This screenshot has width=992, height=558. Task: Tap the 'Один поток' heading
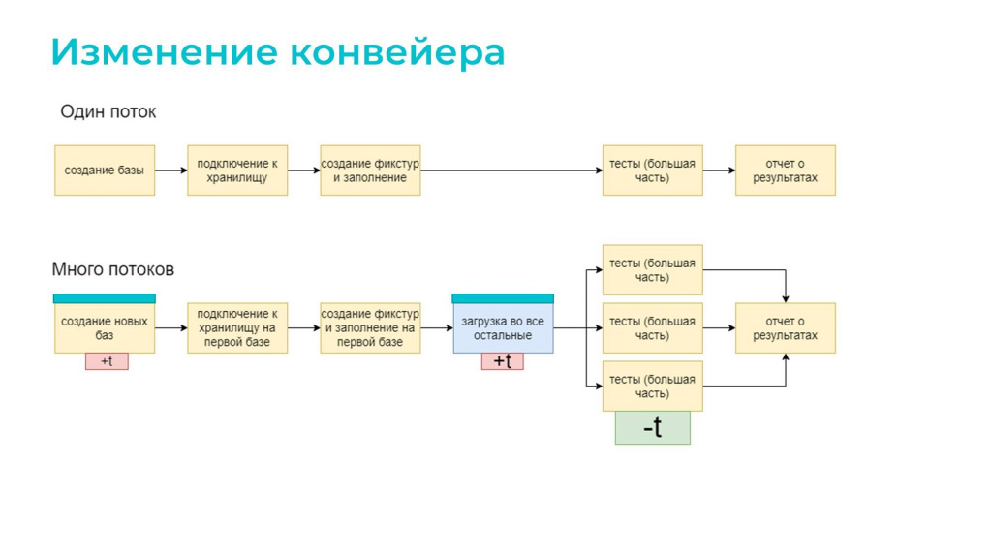tap(108, 112)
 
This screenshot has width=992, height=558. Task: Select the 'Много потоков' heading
tap(113, 269)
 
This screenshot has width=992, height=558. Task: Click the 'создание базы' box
tap(105, 170)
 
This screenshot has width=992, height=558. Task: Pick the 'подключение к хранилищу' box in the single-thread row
tap(237, 170)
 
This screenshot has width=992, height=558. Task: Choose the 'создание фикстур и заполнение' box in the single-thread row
tap(370, 170)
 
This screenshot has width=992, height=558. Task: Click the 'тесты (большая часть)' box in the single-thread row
tap(652, 170)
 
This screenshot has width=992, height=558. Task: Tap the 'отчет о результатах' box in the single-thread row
tap(785, 170)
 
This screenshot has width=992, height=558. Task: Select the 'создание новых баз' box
tap(105, 328)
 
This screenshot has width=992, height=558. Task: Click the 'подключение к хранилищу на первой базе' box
tap(237, 328)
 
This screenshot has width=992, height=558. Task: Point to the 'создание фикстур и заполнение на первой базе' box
tap(370, 328)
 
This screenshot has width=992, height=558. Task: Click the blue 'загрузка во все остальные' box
tap(503, 328)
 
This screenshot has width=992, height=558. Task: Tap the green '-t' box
tap(653, 427)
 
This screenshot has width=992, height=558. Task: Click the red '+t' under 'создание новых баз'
tap(107, 361)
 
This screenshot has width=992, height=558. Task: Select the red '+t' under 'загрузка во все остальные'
tap(503, 361)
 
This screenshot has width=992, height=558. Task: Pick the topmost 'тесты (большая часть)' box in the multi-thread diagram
tap(652, 270)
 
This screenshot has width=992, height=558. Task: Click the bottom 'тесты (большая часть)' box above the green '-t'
tap(652, 387)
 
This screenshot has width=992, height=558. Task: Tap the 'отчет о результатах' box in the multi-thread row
tap(785, 328)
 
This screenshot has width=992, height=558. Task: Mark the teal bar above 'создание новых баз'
tap(105, 298)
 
